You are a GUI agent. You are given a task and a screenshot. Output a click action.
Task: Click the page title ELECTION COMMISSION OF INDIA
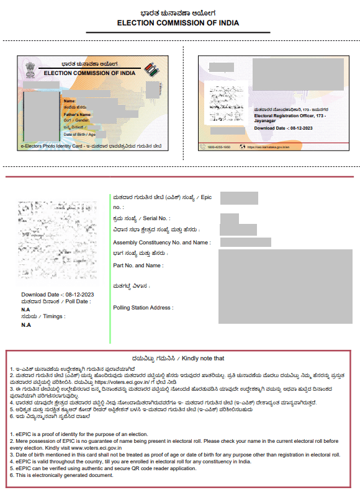(x=178, y=23)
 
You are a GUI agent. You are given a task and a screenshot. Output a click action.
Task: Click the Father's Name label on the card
(x=77, y=115)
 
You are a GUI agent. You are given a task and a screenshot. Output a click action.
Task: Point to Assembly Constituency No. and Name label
(x=161, y=243)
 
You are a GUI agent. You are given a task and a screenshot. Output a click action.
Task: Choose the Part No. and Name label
(x=138, y=265)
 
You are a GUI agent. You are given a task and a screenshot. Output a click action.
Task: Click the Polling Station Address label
(x=143, y=308)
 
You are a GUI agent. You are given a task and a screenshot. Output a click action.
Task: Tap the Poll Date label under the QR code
(x=65, y=301)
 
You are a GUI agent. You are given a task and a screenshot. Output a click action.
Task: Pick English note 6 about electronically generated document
(x=62, y=476)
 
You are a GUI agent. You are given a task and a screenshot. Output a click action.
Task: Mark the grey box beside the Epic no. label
(x=239, y=198)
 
